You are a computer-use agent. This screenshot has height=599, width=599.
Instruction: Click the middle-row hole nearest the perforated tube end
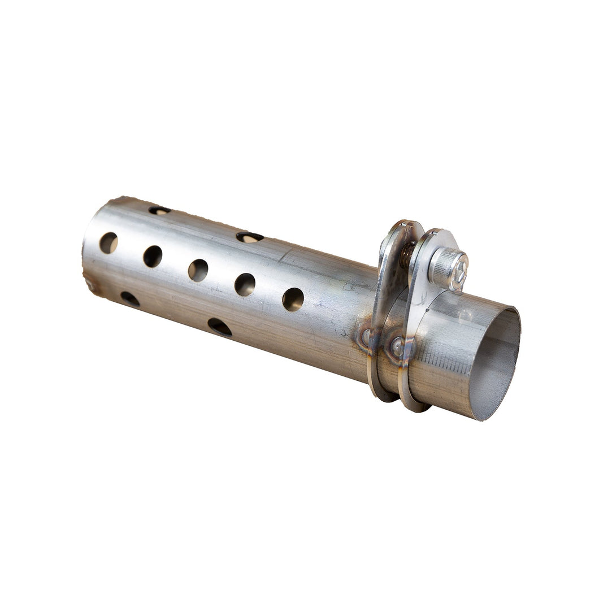108,243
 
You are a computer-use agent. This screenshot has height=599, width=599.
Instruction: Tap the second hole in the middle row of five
153,257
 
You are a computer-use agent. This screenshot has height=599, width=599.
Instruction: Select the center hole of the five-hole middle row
198,270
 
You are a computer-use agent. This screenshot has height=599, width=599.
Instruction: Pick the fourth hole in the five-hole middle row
245,284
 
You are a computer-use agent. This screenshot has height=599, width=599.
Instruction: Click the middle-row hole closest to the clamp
293,299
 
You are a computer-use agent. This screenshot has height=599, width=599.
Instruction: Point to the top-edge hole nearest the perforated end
159,210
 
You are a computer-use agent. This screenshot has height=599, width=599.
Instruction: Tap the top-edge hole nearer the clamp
249,237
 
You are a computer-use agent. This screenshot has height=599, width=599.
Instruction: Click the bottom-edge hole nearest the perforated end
129,299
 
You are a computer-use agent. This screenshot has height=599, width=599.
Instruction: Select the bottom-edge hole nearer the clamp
219,327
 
